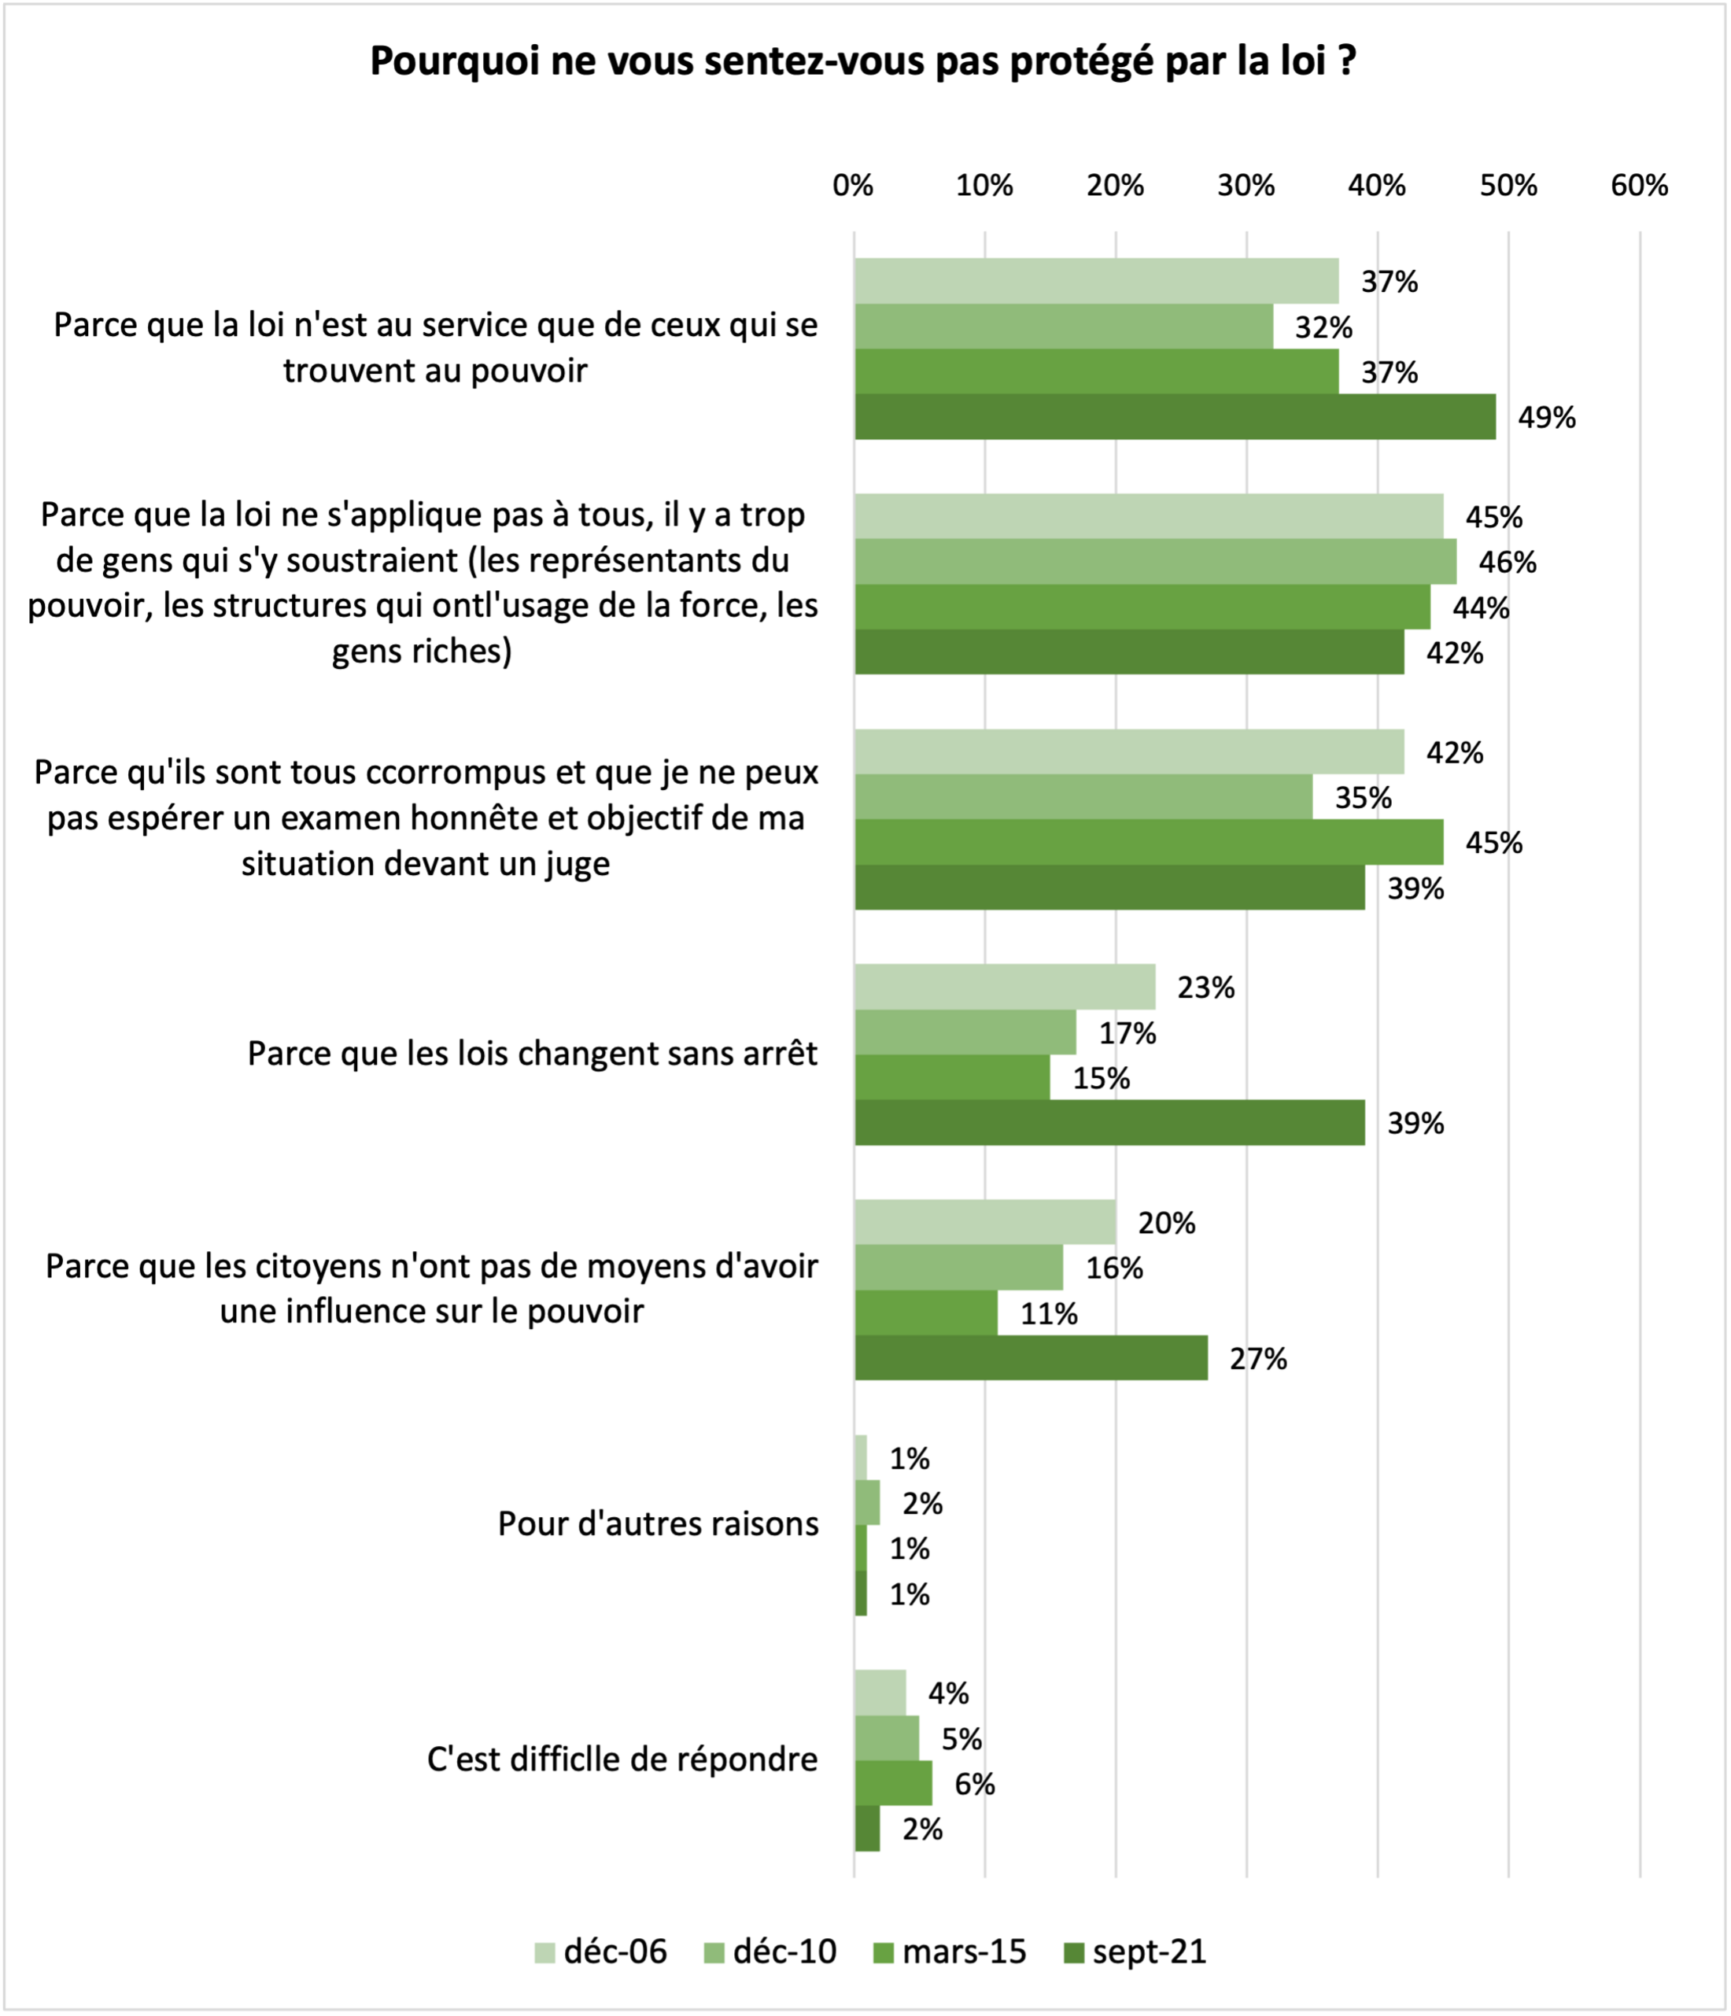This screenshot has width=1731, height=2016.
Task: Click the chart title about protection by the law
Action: pos(863,61)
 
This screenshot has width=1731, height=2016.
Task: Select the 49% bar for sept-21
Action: pos(1175,416)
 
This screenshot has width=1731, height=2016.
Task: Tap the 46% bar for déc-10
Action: pos(1155,561)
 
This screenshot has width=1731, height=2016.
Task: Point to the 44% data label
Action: pos(1480,607)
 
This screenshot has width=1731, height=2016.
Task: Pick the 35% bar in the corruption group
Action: pos(1083,797)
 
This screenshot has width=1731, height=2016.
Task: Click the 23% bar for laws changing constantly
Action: pos(1004,987)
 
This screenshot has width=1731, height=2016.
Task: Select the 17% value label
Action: pos(1127,1032)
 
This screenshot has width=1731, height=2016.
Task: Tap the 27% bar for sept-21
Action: pos(1031,1357)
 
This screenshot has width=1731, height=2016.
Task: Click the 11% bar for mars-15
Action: pos(925,1313)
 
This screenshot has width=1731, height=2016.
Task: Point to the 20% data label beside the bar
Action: pos(1166,1222)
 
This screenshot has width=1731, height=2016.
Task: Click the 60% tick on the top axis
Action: pos(1639,185)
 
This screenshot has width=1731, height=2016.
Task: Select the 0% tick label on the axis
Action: pos(854,185)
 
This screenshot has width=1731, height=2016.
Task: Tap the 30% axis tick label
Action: pos(1246,185)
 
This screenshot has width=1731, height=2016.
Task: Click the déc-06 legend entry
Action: pos(601,1951)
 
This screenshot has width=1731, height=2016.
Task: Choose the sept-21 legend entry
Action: pos(1135,1951)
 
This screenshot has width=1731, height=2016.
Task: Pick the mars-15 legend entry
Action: pos(949,1951)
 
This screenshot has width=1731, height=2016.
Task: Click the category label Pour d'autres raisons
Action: pos(658,1523)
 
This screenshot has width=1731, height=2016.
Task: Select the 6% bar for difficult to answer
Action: pos(892,1782)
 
